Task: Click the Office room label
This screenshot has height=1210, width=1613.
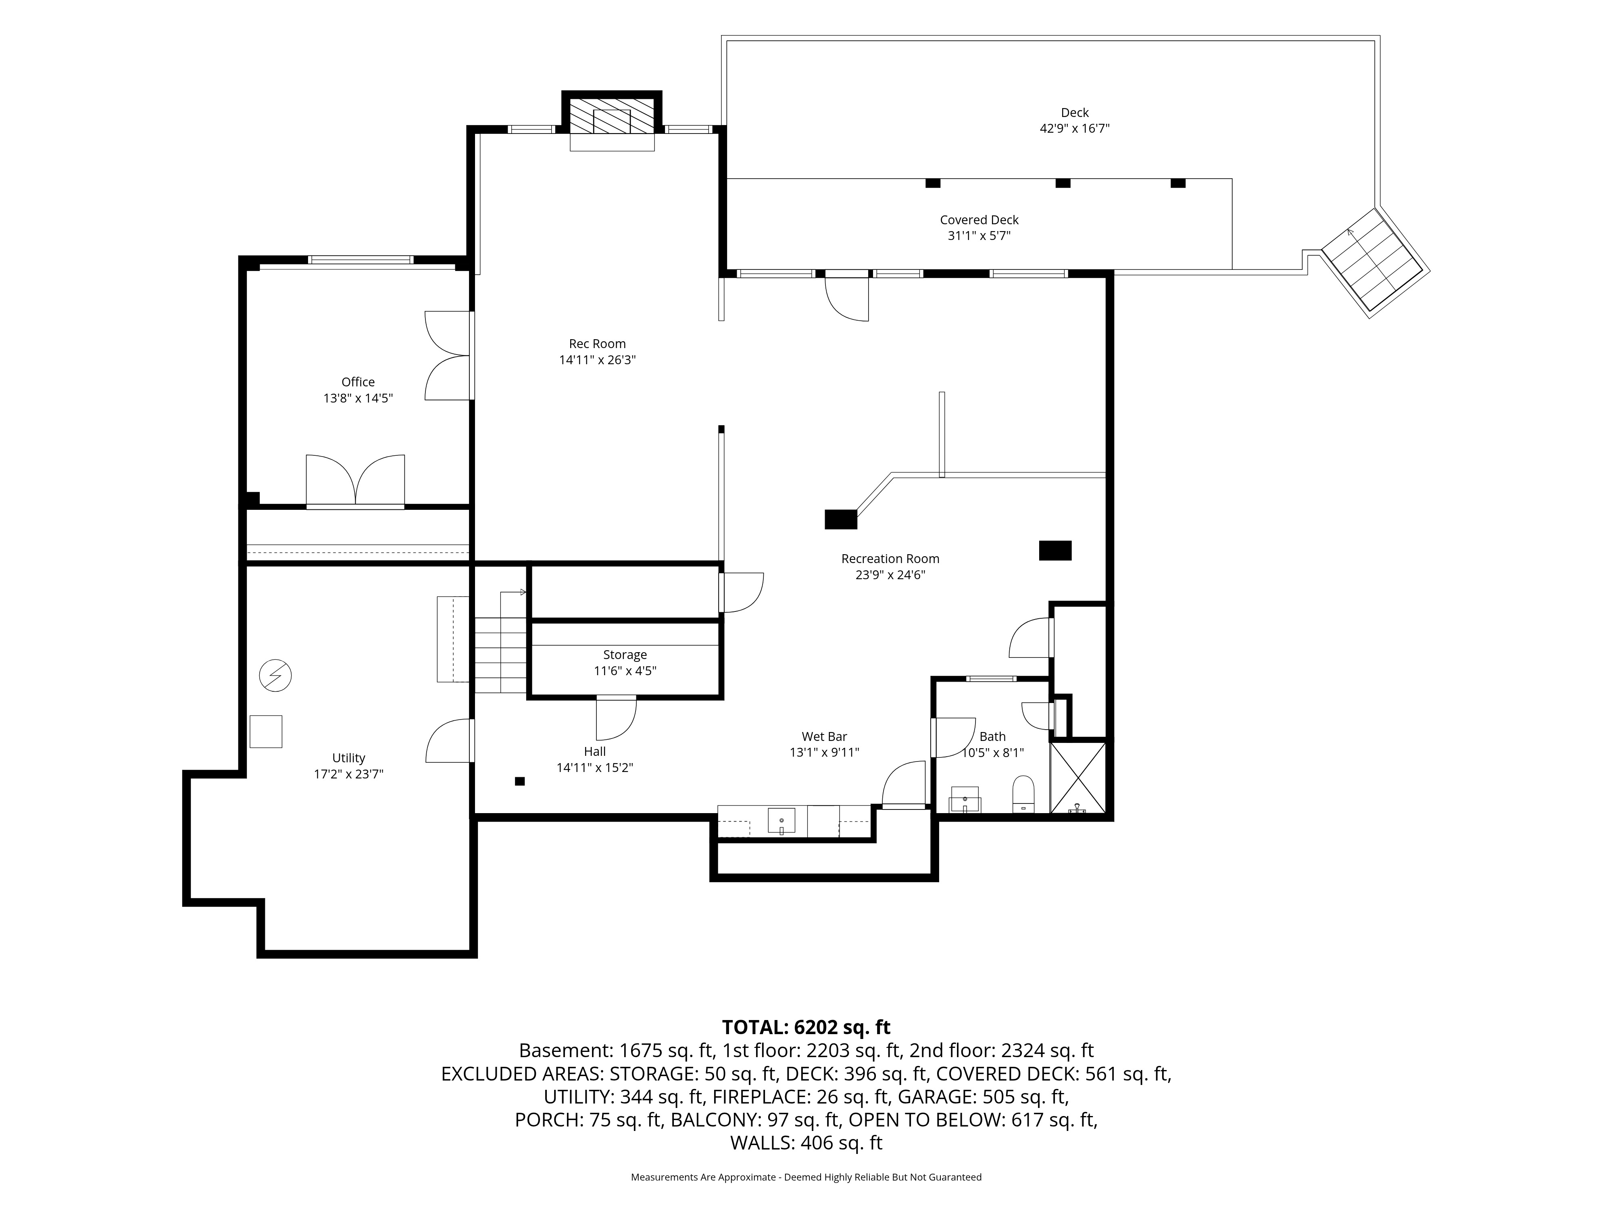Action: coord(358,382)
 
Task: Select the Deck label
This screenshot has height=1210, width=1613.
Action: coord(1074,112)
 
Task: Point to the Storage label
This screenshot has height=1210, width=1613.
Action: coord(625,655)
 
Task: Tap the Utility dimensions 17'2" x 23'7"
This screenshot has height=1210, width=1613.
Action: coord(348,774)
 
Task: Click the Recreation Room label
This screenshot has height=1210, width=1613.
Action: coord(890,559)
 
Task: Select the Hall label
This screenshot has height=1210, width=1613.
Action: coord(594,751)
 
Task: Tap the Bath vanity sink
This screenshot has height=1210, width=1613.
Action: coord(965,800)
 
